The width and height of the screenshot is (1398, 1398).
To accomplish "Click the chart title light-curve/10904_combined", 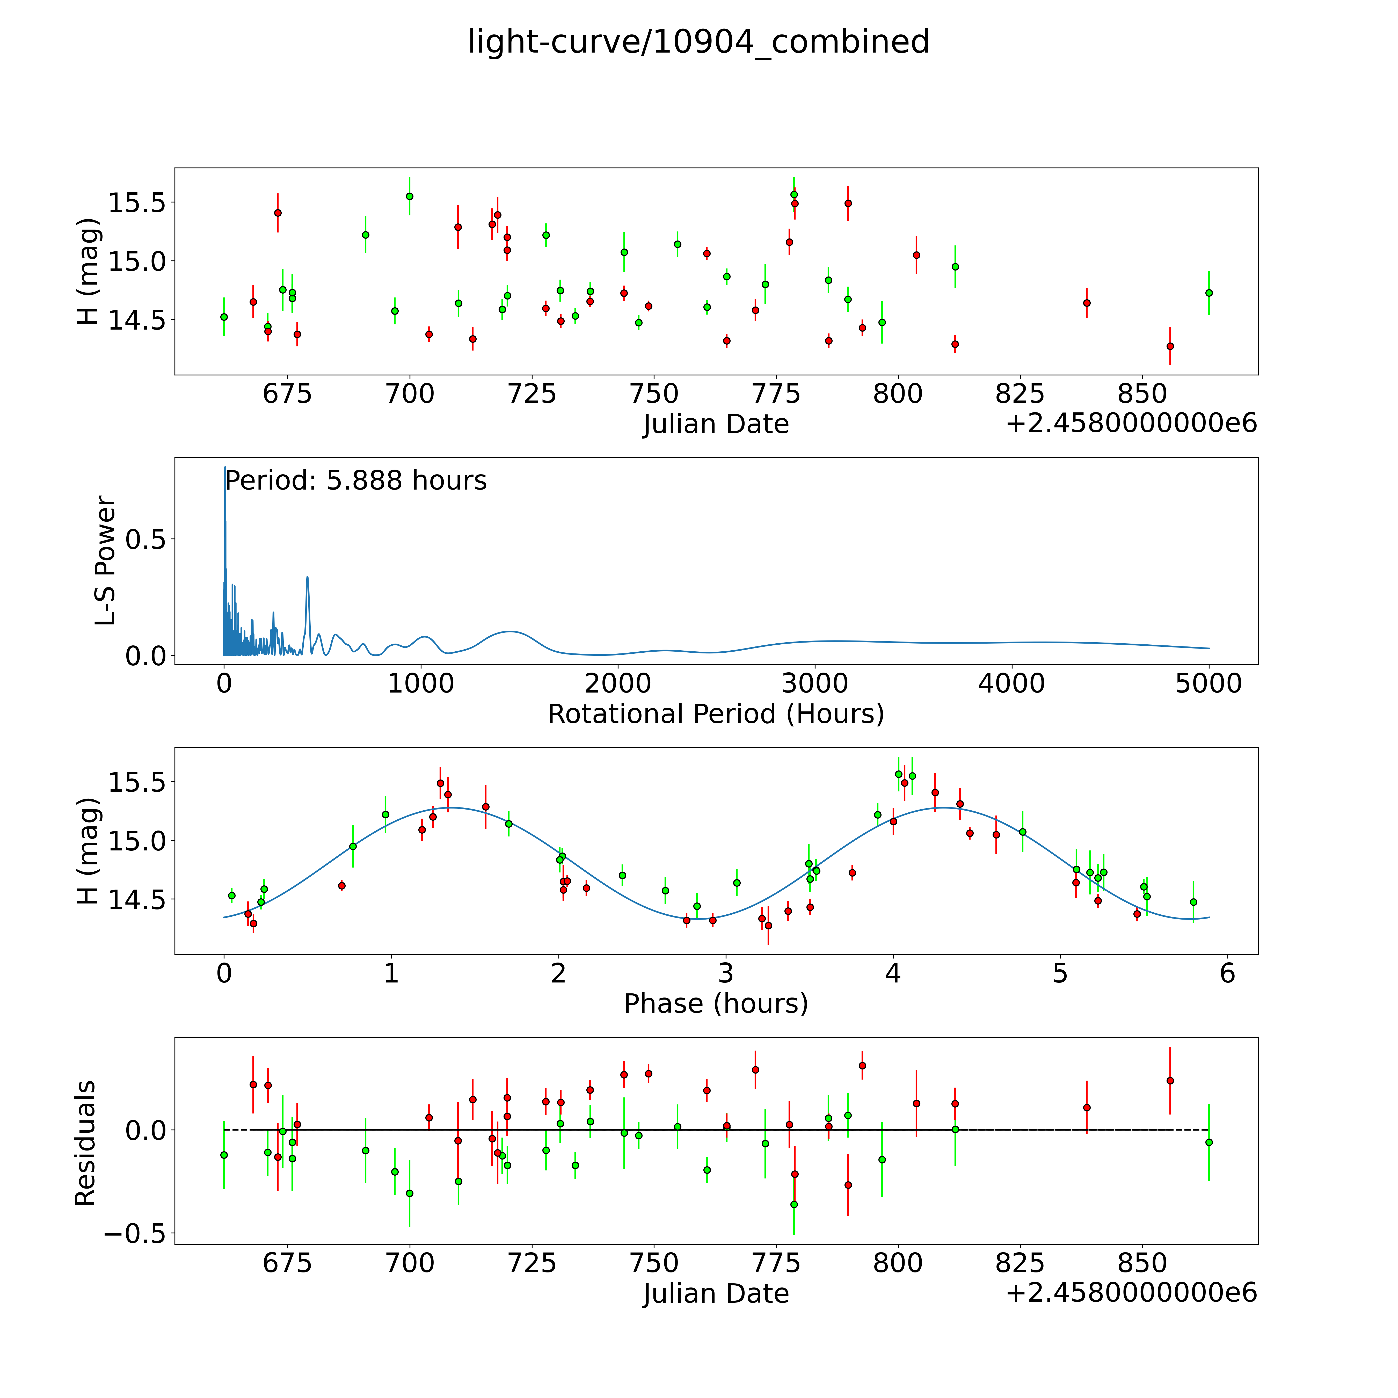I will pos(698,42).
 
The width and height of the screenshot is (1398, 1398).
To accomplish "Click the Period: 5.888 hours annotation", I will pos(356,480).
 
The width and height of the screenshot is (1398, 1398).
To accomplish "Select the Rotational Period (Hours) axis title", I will pos(716,714).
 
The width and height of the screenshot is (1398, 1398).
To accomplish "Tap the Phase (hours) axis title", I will pos(716,1004).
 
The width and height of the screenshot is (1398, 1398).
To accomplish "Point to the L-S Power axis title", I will pos(106,561).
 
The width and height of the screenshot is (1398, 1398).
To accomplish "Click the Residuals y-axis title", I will pos(85,1143).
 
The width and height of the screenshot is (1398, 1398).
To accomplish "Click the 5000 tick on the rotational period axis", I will pos(1208,684).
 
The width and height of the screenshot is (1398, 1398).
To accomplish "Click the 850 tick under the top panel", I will pos(1141,394).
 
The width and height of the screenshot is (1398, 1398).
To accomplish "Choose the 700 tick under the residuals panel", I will pos(410,1263).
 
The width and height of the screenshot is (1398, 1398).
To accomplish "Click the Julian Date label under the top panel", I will pos(716,424).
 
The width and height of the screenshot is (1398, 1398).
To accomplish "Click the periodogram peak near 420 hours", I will pos(308,577).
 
